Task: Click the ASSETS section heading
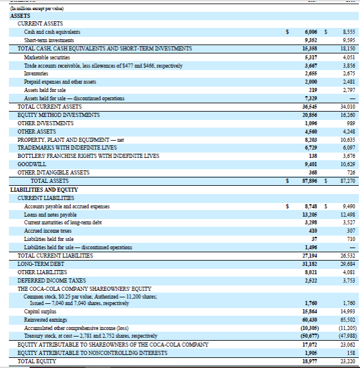pyautogui.click(x=21, y=15)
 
